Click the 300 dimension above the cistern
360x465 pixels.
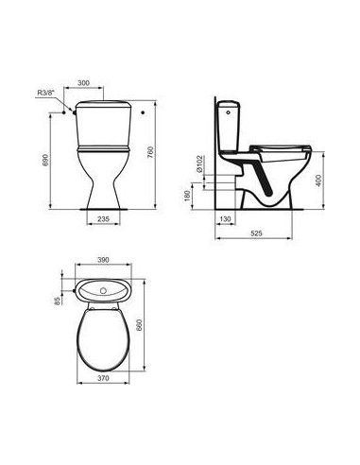tap(111, 82)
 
